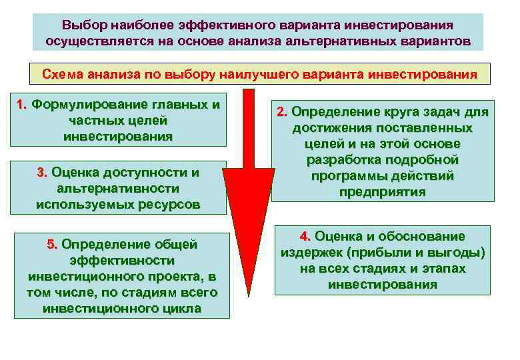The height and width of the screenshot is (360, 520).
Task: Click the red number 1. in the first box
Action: [x=21, y=105]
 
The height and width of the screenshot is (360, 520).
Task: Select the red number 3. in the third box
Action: [x=42, y=173]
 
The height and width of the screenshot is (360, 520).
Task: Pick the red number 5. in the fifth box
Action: [x=52, y=245]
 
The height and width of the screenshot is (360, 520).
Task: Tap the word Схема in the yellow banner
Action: [x=63, y=74]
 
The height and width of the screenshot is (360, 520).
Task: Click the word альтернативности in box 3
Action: [x=117, y=189]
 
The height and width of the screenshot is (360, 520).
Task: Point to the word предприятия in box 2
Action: [x=382, y=192]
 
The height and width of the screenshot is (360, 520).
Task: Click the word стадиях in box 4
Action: [x=371, y=269]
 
